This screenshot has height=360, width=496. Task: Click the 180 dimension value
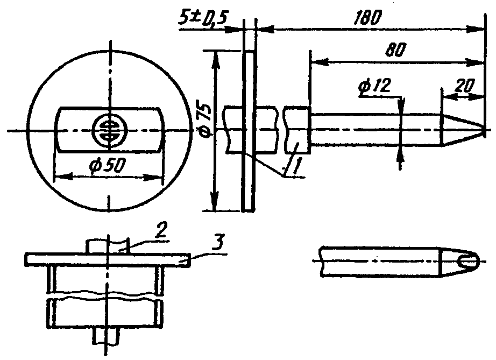pos(367,18)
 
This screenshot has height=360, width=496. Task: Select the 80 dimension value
pos(395,50)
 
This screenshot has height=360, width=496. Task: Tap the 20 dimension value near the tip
pos(464,86)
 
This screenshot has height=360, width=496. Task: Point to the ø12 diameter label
pos(375,86)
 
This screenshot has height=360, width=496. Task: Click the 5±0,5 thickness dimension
pos(202,19)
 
